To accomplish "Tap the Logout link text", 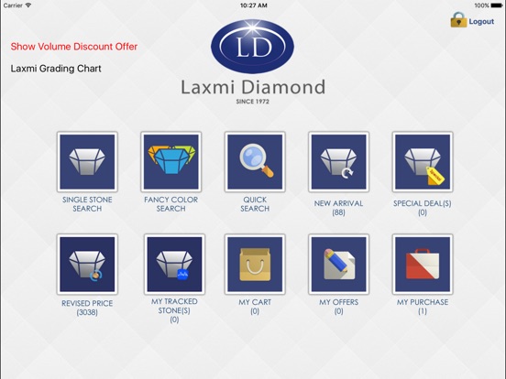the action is [481, 22].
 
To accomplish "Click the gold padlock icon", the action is [458, 20].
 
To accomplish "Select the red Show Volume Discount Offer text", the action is [74, 47].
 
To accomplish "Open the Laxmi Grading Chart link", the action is [56, 69].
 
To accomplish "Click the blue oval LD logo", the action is [252, 47].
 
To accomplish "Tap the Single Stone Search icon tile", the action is [87, 162].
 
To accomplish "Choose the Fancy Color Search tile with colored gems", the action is [171, 162].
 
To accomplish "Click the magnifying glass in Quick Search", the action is [257, 160].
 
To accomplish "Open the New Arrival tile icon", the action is [338, 162].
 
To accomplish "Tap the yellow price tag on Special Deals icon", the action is [435, 176].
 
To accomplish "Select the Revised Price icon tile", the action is [87, 265].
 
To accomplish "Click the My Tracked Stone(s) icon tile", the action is [174, 265].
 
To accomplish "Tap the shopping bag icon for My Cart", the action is [255, 265].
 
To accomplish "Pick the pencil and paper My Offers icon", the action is [339, 264].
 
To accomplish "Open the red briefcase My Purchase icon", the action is [423, 264].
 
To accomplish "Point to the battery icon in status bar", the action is [497, 5].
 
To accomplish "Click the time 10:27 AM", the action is [253, 5].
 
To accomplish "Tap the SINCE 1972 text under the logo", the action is [252, 102].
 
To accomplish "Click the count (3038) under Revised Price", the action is [87, 312].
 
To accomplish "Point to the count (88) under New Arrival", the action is [338, 212].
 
